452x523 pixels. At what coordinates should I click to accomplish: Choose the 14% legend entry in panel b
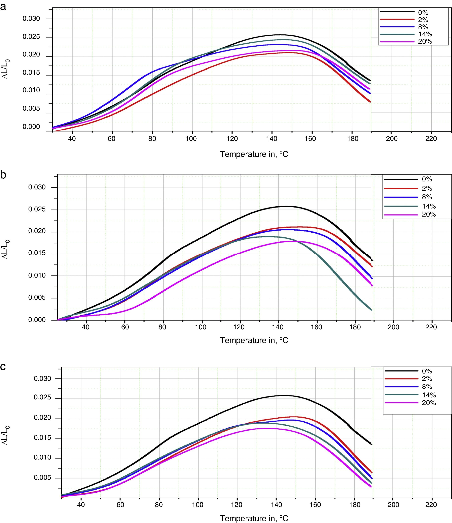pos(429,206)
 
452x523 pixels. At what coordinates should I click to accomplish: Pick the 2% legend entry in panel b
pos(427,188)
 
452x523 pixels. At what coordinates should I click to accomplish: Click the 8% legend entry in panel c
pos(427,386)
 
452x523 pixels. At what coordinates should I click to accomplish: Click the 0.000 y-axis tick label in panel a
pos(31,126)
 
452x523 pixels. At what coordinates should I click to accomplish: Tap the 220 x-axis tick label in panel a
pos(431,139)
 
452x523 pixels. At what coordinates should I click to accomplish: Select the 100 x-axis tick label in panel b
pos(201,327)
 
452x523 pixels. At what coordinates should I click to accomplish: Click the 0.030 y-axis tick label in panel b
pos(37,187)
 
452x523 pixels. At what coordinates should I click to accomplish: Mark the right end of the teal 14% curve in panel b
pos(372,310)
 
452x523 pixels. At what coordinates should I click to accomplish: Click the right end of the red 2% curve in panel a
pos(370,102)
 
